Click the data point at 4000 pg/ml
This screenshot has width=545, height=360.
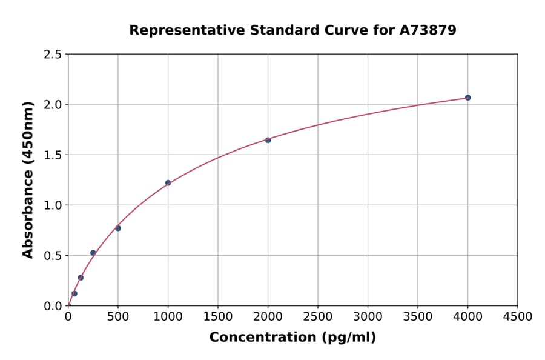click(467, 98)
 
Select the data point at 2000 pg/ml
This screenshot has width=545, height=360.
click(268, 140)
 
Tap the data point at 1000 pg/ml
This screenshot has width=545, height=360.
click(168, 182)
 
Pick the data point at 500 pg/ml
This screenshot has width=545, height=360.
click(118, 228)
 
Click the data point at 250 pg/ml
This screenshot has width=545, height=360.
click(93, 253)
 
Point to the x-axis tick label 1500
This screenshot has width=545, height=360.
click(218, 317)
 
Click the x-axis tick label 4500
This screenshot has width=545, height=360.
click(518, 317)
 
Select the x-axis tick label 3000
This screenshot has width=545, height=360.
click(368, 317)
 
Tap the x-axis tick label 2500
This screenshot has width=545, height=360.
click(318, 317)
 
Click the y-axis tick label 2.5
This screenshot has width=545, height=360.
click(53, 55)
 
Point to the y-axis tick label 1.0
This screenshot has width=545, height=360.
click(53, 205)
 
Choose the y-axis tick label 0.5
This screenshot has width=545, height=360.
click(53, 256)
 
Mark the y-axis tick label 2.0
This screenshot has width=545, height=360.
click(53, 105)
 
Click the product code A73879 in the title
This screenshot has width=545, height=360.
click(429, 30)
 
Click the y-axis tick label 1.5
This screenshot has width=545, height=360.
click(53, 155)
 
